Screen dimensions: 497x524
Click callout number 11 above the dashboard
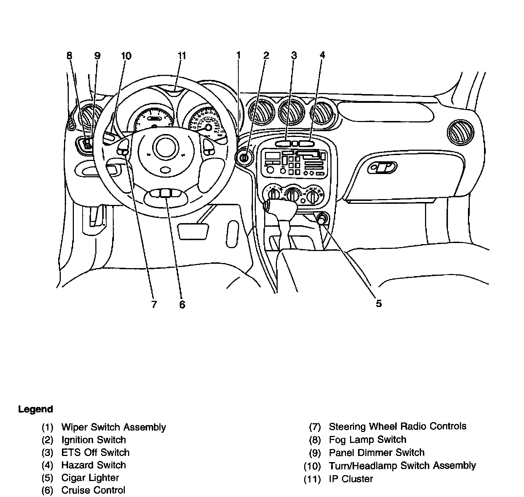point(182,56)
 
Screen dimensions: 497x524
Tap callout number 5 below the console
point(379,304)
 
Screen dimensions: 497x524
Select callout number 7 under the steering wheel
point(154,304)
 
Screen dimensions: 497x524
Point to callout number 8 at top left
point(69,56)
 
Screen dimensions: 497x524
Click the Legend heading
point(36,409)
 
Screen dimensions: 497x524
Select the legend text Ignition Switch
point(94,440)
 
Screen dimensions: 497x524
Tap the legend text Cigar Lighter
point(90,477)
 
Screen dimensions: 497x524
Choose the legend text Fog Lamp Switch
point(367,440)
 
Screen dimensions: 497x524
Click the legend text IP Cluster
point(351,479)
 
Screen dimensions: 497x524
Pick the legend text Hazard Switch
point(94,465)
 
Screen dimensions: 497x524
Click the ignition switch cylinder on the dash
point(244,158)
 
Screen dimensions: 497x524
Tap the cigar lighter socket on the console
point(322,219)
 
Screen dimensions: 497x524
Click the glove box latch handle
point(382,167)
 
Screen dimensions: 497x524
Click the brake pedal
point(193,231)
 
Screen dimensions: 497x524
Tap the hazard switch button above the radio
point(306,144)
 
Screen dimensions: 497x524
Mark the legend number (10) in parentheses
point(312,466)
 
